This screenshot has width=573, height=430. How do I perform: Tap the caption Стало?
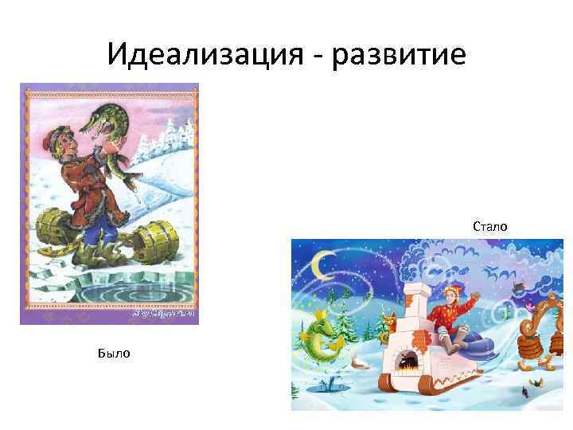click(489, 227)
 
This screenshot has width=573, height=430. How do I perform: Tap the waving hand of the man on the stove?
click(476, 299)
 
